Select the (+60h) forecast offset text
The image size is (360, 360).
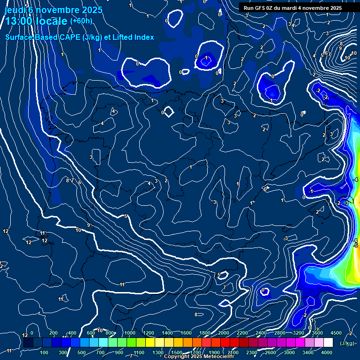81,21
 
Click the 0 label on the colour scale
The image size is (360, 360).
32,333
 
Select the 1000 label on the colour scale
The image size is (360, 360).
129,333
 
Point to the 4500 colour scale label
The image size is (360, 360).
336,333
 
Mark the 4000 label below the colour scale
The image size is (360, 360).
327,352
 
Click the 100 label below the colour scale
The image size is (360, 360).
45,352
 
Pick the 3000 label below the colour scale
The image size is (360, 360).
289,352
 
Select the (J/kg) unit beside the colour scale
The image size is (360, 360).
346,343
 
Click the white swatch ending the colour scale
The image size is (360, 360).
328,343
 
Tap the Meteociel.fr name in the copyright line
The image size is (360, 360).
205,357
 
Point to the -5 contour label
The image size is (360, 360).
356,245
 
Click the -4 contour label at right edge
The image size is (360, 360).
356,180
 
